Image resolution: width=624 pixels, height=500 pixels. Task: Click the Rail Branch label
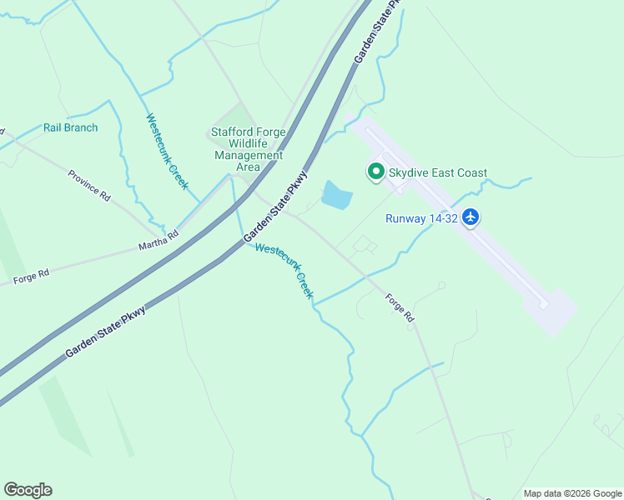[71, 127]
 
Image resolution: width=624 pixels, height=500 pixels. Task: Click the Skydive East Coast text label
[438, 172]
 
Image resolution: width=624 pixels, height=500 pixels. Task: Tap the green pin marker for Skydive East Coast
[375, 172]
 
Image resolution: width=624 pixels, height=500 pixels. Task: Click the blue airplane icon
[471, 217]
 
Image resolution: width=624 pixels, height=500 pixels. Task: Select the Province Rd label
[89, 186]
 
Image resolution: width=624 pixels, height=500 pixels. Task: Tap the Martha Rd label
[159, 241]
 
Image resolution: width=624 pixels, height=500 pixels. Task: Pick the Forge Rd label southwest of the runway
[400, 307]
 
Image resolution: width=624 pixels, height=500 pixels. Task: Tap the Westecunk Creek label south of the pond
[284, 271]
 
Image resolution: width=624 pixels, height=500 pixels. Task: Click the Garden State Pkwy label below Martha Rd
[105, 332]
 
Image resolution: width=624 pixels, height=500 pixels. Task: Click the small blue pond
[336, 196]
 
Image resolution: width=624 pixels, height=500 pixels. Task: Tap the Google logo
[28, 490]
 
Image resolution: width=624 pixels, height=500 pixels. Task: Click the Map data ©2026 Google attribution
[571, 493]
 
